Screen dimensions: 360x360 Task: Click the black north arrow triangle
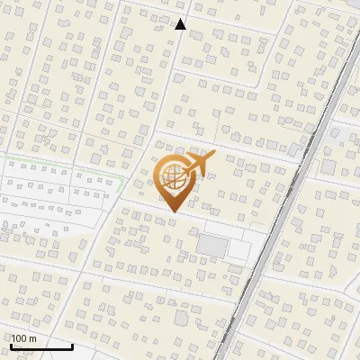tap(180, 24)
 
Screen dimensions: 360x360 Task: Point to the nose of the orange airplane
tap(213, 154)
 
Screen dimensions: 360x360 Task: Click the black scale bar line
tap(41, 346)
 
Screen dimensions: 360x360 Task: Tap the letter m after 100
tap(33, 339)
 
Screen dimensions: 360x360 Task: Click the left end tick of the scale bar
tap(11, 345)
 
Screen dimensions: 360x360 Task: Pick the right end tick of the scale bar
tap(72, 345)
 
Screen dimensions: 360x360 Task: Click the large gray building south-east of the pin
tap(213, 245)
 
